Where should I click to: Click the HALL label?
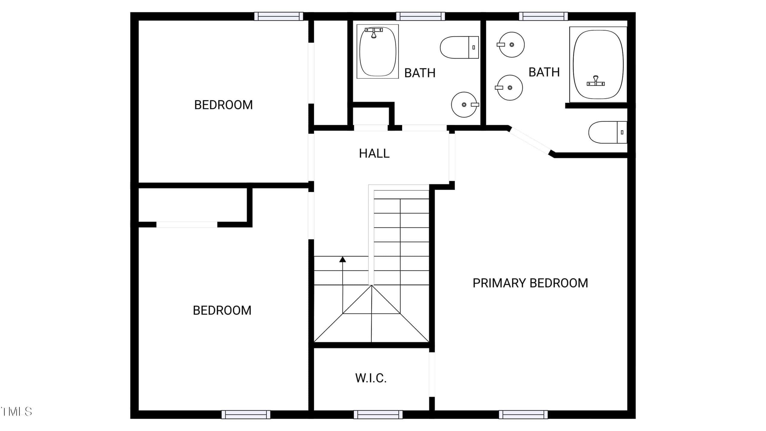(x=374, y=154)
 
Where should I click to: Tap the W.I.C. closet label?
(x=371, y=378)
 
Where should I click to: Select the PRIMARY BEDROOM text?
(x=530, y=283)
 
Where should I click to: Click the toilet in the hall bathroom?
(x=459, y=47)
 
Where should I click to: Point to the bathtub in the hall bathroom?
(x=378, y=51)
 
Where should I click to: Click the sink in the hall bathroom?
(x=465, y=104)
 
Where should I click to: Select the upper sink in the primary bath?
(x=511, y=45)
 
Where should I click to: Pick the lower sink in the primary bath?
(x=509, y=88)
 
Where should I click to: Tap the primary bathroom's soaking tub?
(x=598, y=64)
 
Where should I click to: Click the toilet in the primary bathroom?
(x=607, y=132)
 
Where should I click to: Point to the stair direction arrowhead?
(x=343, y=259)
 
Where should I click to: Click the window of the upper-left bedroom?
(x=279, y=16)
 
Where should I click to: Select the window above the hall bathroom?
(x=420, y=16)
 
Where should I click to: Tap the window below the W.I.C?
(x=378, y=415)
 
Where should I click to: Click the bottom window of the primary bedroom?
(x=523, y=415)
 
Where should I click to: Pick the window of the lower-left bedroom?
(x=246, y=415)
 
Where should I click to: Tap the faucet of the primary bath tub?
(x=595, y=81)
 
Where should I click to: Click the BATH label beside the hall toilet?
(x=420, y=73)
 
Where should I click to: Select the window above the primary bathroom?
(x=543, y=16)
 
